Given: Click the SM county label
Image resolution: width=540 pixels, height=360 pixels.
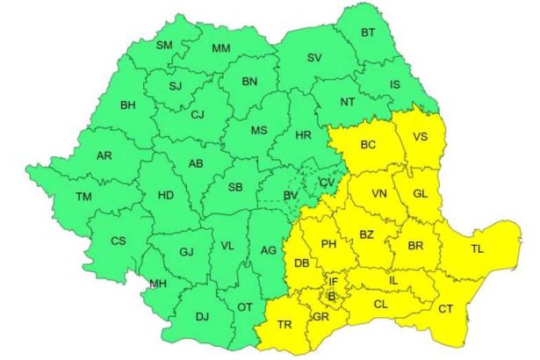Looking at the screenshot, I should (x=164, y=45).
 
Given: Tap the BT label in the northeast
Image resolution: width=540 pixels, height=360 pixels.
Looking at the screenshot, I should (x=368, y=33).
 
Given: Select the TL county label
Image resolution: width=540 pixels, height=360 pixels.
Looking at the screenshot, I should (x=477, y=249).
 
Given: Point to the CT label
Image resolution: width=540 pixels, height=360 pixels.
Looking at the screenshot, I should (x=446, y=308).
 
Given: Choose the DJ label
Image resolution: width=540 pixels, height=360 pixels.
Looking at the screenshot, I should (x=202, y=317).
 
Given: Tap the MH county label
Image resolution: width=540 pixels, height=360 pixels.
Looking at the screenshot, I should (x=158, y=284).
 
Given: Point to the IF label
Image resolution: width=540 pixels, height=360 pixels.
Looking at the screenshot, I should (x=333, y=281).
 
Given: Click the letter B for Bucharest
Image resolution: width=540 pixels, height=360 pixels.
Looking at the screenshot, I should (x=331, y=296).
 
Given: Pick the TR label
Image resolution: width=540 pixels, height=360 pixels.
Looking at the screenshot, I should (x=284, y=324).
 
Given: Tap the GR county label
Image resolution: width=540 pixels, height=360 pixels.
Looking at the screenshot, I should (x=320, y=316).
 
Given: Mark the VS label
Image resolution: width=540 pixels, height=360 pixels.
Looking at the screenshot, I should (x=420, y=137).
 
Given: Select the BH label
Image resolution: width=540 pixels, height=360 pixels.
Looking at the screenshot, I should (x=128, y=106).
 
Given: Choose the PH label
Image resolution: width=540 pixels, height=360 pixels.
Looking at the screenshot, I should (x=329, y=244).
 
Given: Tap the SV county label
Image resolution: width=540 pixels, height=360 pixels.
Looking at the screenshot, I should (x=314, y=58).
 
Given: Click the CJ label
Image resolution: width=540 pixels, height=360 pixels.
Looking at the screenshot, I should (x=198, y=114).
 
